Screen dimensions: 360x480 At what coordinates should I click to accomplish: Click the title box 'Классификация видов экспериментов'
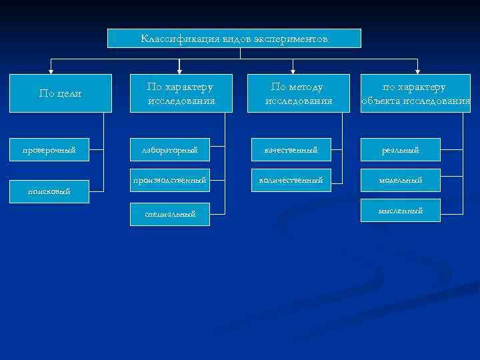coord(234,38)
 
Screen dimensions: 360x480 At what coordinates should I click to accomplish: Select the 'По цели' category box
coord(60,93)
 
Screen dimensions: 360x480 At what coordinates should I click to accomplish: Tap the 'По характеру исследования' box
coord(181,93)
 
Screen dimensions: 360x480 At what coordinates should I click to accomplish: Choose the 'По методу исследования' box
coord(298,93)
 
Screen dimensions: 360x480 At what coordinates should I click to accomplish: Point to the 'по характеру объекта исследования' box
coord(415,93)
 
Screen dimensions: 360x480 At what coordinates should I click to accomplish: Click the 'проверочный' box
coord(49,150)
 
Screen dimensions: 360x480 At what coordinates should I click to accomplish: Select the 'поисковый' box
coord(49,191)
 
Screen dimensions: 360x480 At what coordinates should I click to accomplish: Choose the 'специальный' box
coord(170,214)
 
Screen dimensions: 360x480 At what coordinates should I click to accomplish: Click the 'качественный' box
coord(291,150)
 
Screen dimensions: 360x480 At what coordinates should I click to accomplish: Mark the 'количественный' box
coord(291,180)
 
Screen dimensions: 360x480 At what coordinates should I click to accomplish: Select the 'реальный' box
coord(401,150)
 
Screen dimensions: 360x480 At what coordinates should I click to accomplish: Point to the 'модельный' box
coord(401,180)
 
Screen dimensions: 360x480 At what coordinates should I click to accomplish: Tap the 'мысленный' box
coord(401,211)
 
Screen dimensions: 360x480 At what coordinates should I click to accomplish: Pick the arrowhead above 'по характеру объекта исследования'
coord(417,71)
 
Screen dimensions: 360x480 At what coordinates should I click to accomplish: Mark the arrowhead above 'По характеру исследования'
coord(167,71)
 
